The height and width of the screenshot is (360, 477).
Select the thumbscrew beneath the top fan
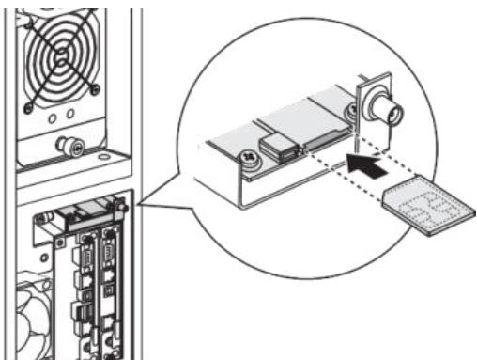pos(67,145)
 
